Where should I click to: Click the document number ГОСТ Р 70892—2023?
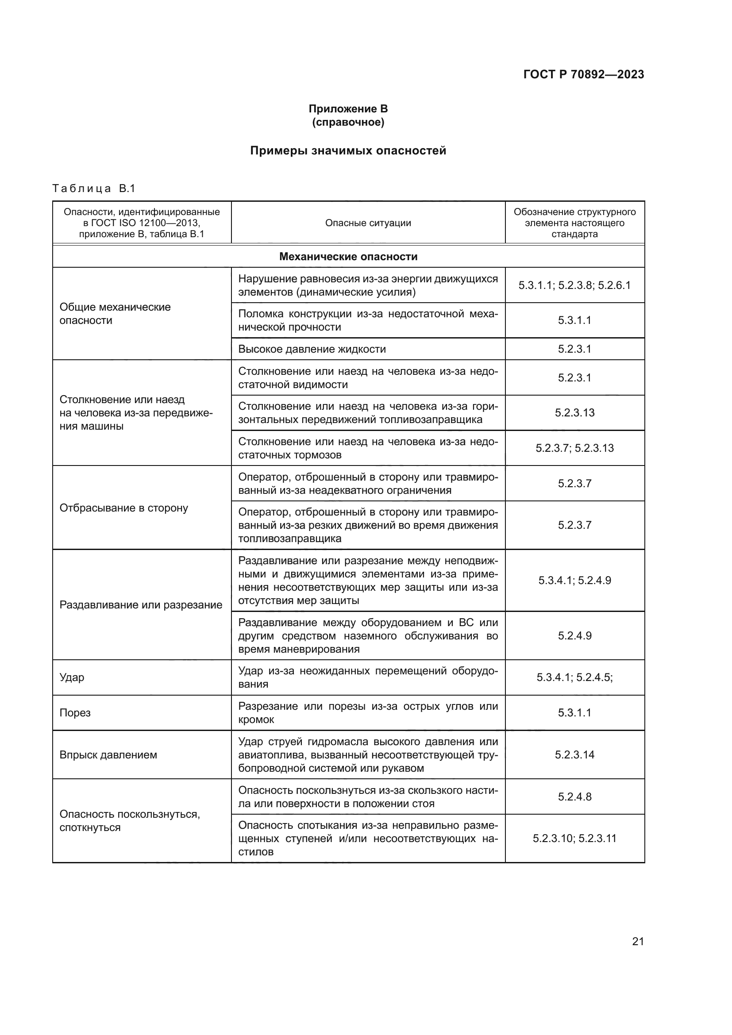pyautogui.click(x=583, y=74)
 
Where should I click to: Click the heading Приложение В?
pyautogui.click(x=348, y=109)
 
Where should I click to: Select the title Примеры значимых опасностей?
pyautogui.click(x=348, y=150)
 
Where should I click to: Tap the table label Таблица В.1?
pyautogui.click(x=94, y=189)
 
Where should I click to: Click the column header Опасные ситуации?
pyautogui.click(x=368, y=223)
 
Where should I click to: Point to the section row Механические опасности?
pyautogui.click(x=348, y=257)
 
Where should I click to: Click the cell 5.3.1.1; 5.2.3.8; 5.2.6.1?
pyautogui.click(x=574, y=285)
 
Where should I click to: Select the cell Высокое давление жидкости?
pyautogui.click(x=312, y=349)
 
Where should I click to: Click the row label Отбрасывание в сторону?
pyautogui.click(x=123, y=508)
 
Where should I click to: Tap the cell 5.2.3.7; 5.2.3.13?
pyautogui.click(x=574, y=448)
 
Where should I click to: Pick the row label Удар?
pyautogui.click(x=72, y=677)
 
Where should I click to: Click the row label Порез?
pyautogui.click(x=75, y=713)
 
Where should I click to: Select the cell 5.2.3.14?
pyautogui.click(x=574, y=754)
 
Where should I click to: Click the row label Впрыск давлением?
pyautogui.click(x=108, y=754)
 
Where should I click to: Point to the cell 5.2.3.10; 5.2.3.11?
pyautogui.click(x=574, y=839)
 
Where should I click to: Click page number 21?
pyautogui.click(x=638, y=941)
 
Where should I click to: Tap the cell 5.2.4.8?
pyautogui.click(x=574, y=796)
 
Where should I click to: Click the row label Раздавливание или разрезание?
pyautogui.click(x=141, y=604)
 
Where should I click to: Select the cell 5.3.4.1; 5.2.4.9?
pyautogui.click(x=574, y=580)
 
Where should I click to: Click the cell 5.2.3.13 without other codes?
pyautogui.click(x=574, y=412)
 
